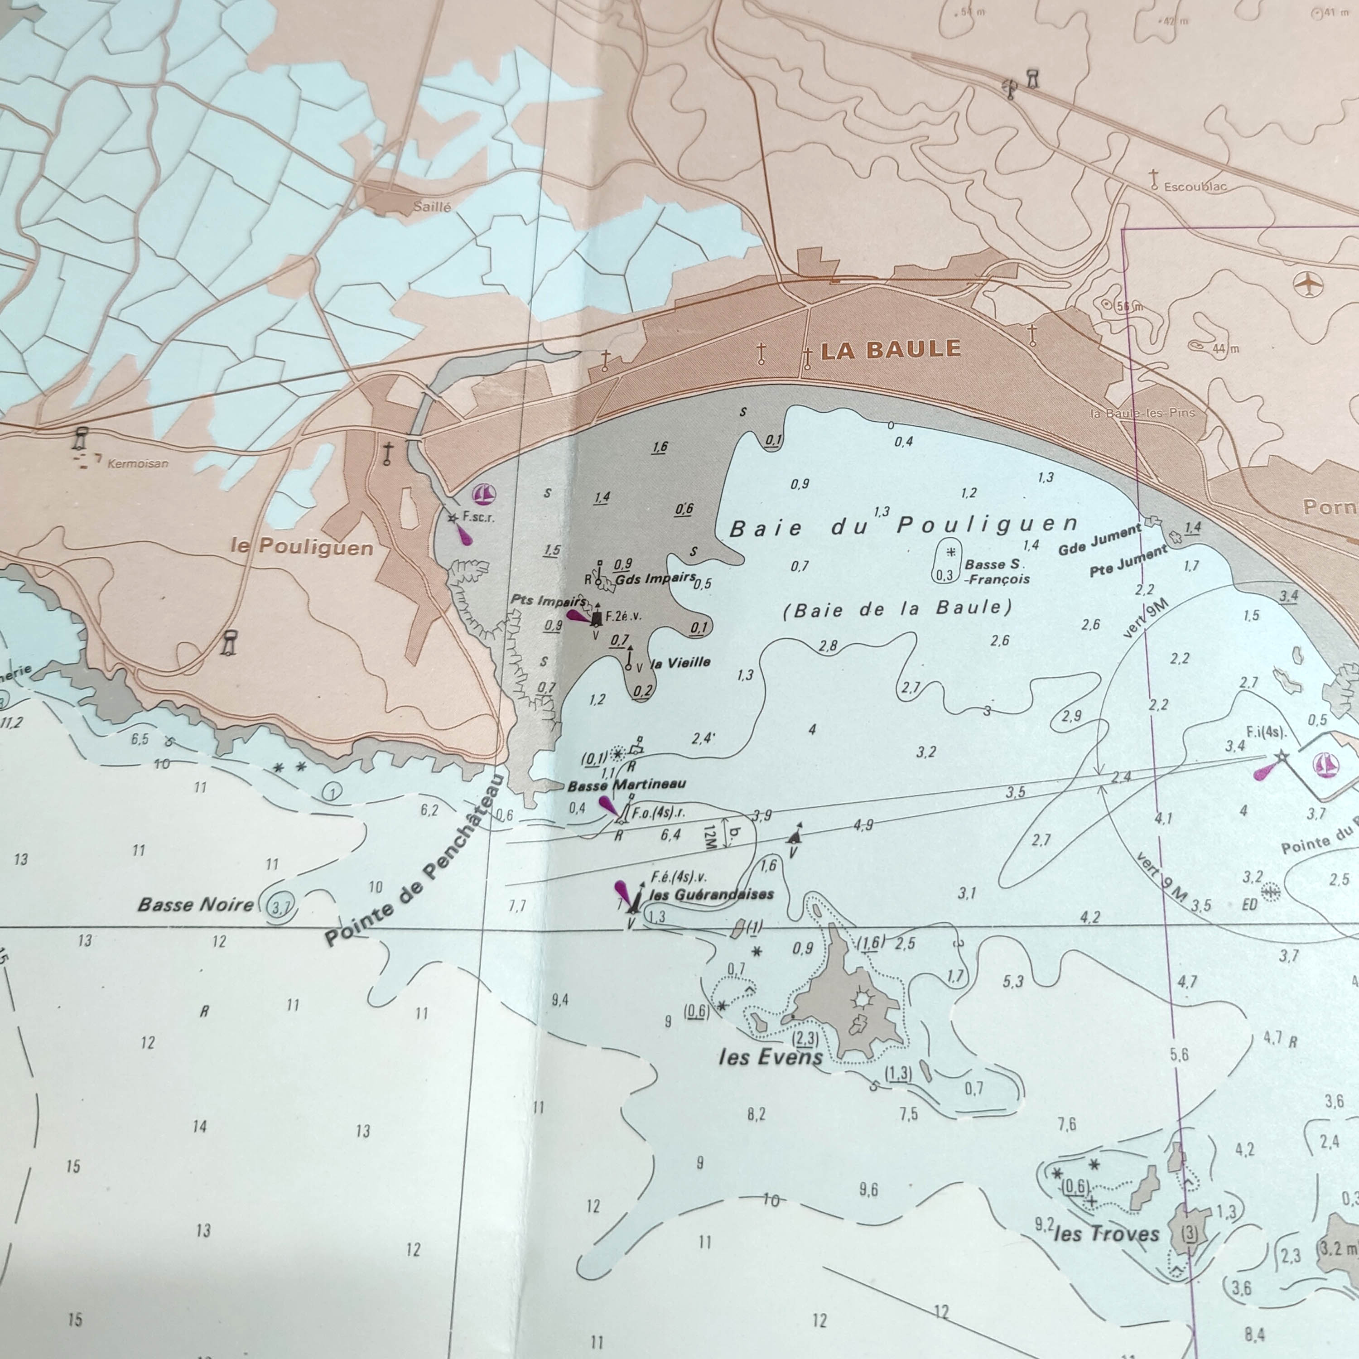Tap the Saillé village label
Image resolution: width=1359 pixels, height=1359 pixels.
pos(432,207)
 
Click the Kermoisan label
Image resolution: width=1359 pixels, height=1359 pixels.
pos(138,463)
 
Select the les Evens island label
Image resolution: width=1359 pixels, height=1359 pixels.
pos(770,1057)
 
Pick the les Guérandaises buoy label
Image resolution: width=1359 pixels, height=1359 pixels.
pos(711,895)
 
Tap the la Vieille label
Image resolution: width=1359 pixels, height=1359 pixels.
pos(680,662)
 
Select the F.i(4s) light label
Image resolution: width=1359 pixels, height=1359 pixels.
pos(1266,732)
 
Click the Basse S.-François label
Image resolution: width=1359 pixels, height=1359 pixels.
pos(996,571)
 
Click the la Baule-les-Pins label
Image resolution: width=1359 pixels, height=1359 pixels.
pos(1142,413)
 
